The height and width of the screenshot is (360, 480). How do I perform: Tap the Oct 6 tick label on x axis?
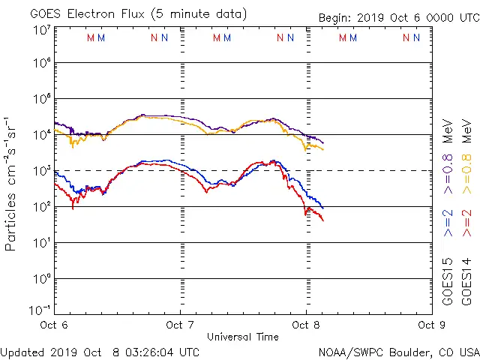(x=55, y=325)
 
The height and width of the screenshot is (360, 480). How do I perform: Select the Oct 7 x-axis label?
(x=180, y=325)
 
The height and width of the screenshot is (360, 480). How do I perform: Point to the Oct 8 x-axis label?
(x=306, y=325)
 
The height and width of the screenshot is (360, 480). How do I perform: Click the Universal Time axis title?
(x=242, y=337)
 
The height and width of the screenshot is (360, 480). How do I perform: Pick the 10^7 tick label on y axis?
(x=42, y=30)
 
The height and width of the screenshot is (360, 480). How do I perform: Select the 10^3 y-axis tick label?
(x=42, y=170)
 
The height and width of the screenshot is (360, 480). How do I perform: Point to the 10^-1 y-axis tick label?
(x=40, y=309)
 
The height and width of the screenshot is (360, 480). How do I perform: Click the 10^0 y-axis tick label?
(x=42, y=278)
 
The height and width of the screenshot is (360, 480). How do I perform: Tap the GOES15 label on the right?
(x=448, y=281)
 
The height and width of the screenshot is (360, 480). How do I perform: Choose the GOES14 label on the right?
(x=466, y=281)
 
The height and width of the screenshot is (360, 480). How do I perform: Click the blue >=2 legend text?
(x=448, y=223)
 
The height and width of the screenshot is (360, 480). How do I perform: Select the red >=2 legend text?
(x=466, y=223)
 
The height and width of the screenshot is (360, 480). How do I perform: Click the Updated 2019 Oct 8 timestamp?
(x=100, y=352)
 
